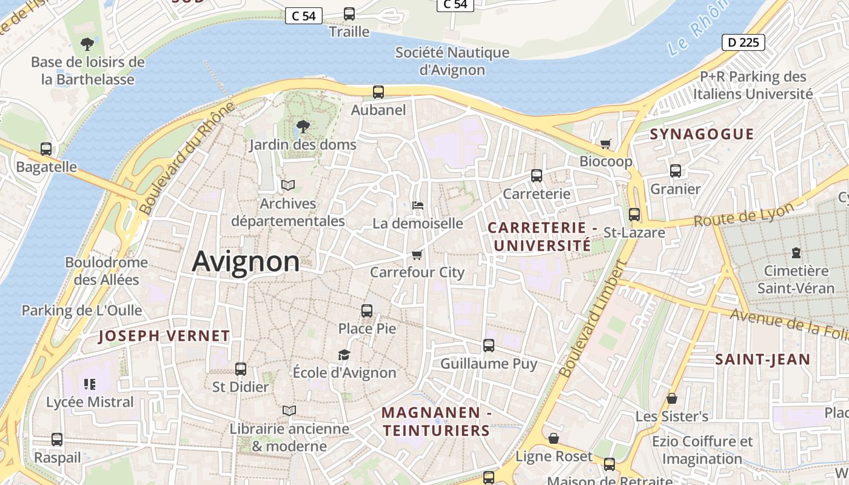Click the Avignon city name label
tap(246, 262)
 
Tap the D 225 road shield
tap(743, 42)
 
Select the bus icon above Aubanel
tap(378, 92)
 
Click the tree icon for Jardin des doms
tap(303, 127)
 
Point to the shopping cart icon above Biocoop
tap(605, 144)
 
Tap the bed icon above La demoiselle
tap(417, 206)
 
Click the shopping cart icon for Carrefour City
tap(417, 255)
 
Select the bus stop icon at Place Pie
tap(367, 311)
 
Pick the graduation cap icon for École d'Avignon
tap(344, 355)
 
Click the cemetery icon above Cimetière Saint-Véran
tap(796, 253)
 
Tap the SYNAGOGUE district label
tap(702, 134)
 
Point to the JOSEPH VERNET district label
tap(164, 336)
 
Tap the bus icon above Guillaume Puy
tap(489, 346)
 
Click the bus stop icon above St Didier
tap(241, 369)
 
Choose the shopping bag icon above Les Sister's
tap(672, 398)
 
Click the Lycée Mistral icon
tap(90, 384)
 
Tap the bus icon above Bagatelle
tap(46, 149)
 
